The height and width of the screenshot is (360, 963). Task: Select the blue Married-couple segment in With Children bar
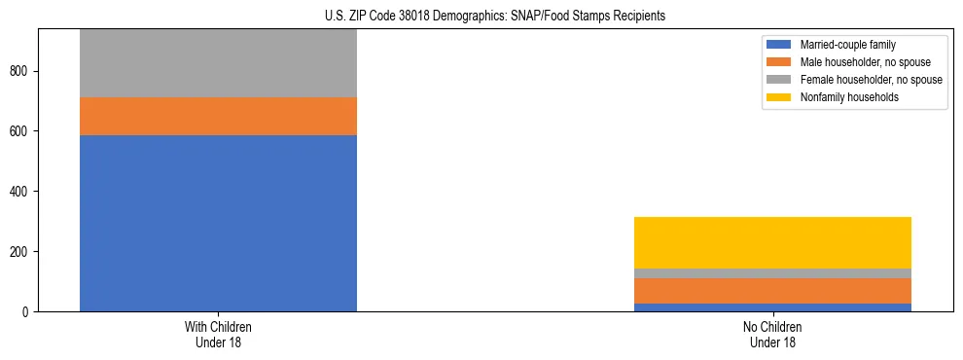pos(218,223)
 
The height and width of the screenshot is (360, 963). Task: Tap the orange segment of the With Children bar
pos(218,116)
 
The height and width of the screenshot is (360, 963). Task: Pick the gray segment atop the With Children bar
pos(218,63)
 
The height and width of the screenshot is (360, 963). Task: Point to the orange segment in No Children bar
pos(772,291)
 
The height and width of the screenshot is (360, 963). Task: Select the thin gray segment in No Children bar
pos(772,273)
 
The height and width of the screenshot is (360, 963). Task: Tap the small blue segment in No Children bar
pos(772,307)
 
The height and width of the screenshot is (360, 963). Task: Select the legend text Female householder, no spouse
pos(871,80)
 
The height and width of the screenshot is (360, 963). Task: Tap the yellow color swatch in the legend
pos(779,97)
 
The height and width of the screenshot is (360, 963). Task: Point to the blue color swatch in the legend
pos(779,45)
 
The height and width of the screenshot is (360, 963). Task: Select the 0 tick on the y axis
pos(27,311)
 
